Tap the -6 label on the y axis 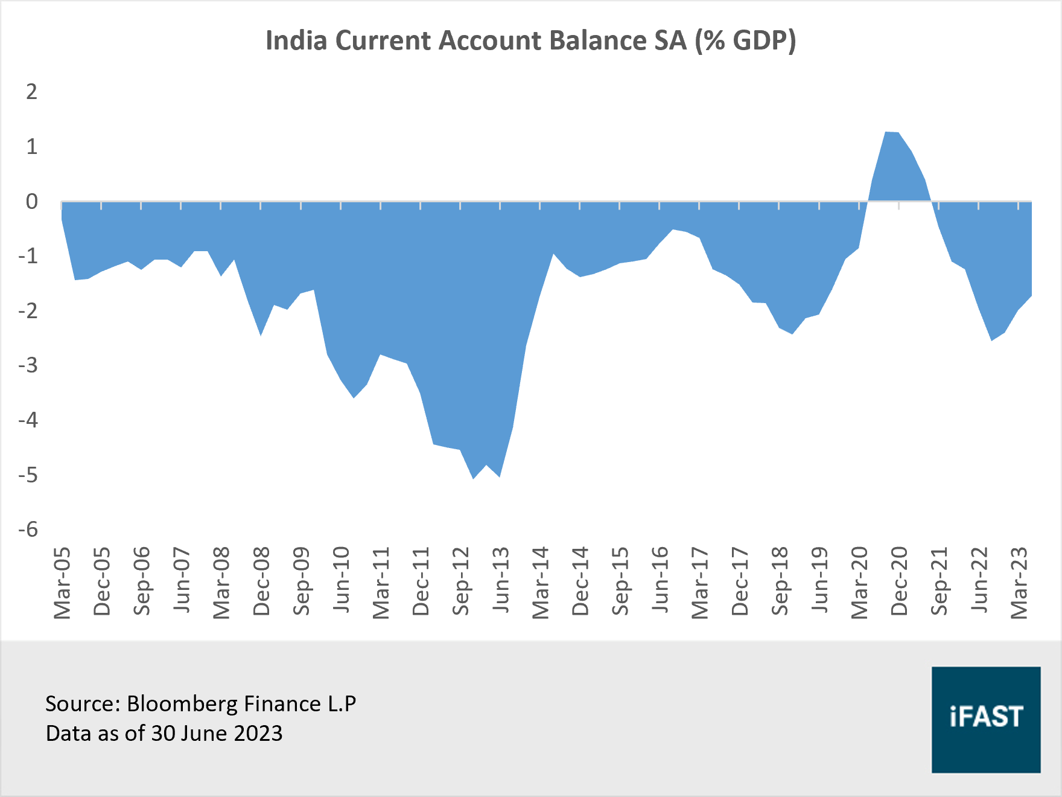click(x=28, y=530)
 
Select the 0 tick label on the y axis click(x=31, y=201)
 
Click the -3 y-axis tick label click(x=28, y=365)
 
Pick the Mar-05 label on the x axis click(x=62, y=583)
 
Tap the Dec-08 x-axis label click(x=261, y=581)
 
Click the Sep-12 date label click(x=460, y=581)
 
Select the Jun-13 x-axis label click(x=500, y=580)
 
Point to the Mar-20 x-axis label click(x=859, y=583)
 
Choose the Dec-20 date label click(x=898, y=581)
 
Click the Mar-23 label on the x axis click(x=1019, y=583)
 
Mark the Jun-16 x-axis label click(x=660, y=580)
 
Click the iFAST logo click(x=985, y=719)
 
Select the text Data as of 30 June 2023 click(x=164, y=734)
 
